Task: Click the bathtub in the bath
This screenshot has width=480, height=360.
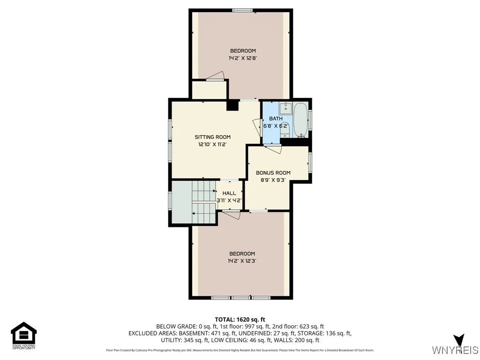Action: (x=300, y=120)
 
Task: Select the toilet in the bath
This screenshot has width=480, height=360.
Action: (x=285, y=129)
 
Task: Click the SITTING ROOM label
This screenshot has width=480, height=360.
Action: (x=212, y=137)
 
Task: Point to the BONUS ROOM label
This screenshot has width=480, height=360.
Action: (x=273, y=172)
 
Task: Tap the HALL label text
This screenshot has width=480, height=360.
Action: (x=229, y=193)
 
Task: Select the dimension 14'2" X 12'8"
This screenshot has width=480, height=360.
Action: (x=242, y=58)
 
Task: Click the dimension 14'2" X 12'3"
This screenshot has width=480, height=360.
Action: (x=242, y=261)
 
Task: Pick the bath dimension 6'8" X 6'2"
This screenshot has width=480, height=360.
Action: (x=272, y=126)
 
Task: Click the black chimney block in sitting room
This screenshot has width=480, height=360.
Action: (x=232, y=105)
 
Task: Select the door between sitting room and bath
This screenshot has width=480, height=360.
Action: (x=257, y=127)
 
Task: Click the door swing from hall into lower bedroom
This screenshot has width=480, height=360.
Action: (x=231, y=215)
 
